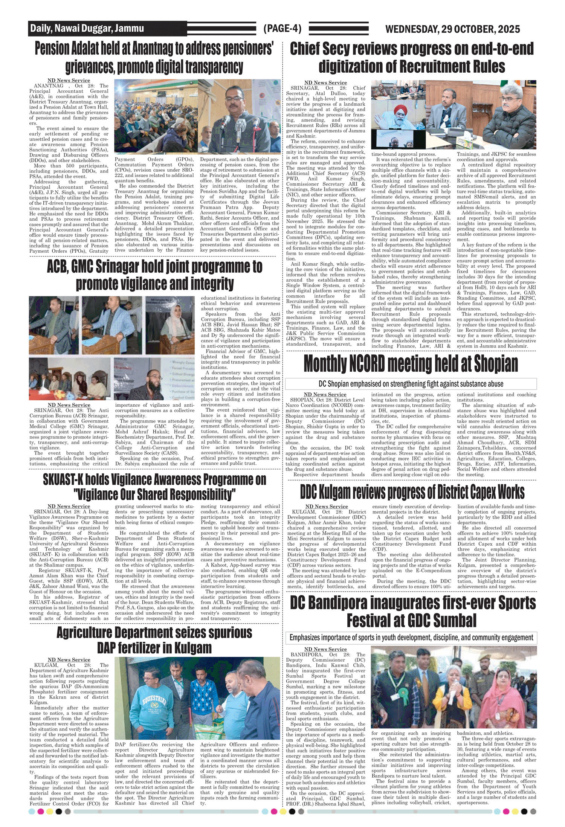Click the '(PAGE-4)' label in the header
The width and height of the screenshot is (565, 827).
(x=282, y=29)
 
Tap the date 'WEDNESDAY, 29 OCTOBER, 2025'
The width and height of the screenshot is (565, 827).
(x=452, y=29)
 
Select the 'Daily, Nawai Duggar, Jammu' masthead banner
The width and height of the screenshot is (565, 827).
(x=87, y=28)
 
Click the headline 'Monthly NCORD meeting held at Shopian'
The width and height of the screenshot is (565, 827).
(x=411, y=364)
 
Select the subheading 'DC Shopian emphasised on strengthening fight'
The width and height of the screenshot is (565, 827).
(x=411, y=384)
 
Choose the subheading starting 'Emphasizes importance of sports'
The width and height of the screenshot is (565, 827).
(x=411, y=638)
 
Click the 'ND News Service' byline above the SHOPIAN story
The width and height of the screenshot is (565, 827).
(x=325, y=394)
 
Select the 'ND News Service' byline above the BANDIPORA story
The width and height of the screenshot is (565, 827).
(x=325, y=649)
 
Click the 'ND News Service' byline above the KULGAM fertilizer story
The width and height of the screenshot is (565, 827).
(x=69, y=660)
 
